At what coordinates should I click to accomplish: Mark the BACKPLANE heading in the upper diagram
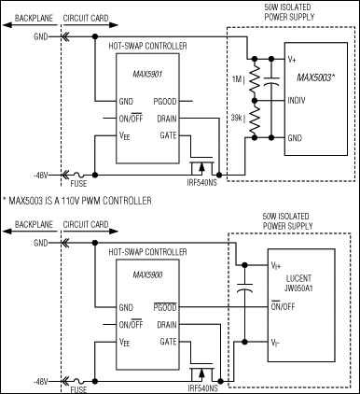click(28, 17)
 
